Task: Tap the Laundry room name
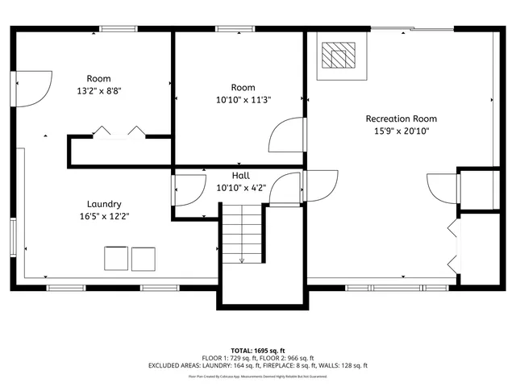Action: coord(105,204)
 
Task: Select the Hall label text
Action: coord(240,176)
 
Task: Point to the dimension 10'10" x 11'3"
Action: coord(243,100)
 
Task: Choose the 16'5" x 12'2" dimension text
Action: coord(105,216)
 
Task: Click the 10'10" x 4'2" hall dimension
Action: coord(240,188)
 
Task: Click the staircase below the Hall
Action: coord(242,234)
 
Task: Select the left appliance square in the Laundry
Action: coord(115,258)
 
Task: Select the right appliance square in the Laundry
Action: coord(143,258)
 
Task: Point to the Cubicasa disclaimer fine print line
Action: coord(257,376)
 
